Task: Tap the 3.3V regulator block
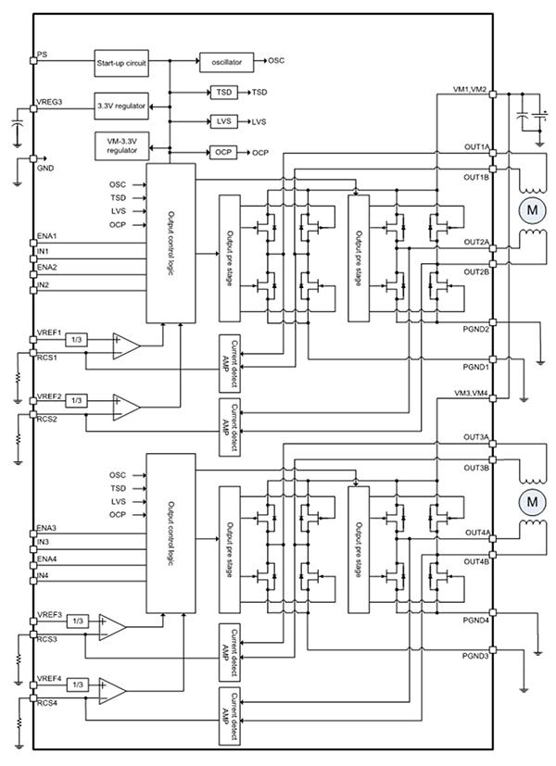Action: [x=120, y=106]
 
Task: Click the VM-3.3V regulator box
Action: [x=120, y=144]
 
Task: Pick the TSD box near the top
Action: [x=222, y=93]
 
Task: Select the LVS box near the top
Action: [x=222, y=121]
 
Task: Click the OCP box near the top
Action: [x=222, y=152]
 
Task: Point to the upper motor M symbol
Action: [x=532, y=209]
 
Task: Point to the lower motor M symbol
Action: [x=532, y=501]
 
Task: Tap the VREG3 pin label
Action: [x=49, y=101]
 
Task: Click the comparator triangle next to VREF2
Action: [x=125, y=405]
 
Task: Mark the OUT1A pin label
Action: [x=477, y=147]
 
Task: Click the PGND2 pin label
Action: [x=476, y=328]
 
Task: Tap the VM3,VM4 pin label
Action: [x=474, y=393]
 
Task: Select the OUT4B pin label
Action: [x=477, y=561]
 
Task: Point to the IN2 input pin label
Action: [x=43, y=284]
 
